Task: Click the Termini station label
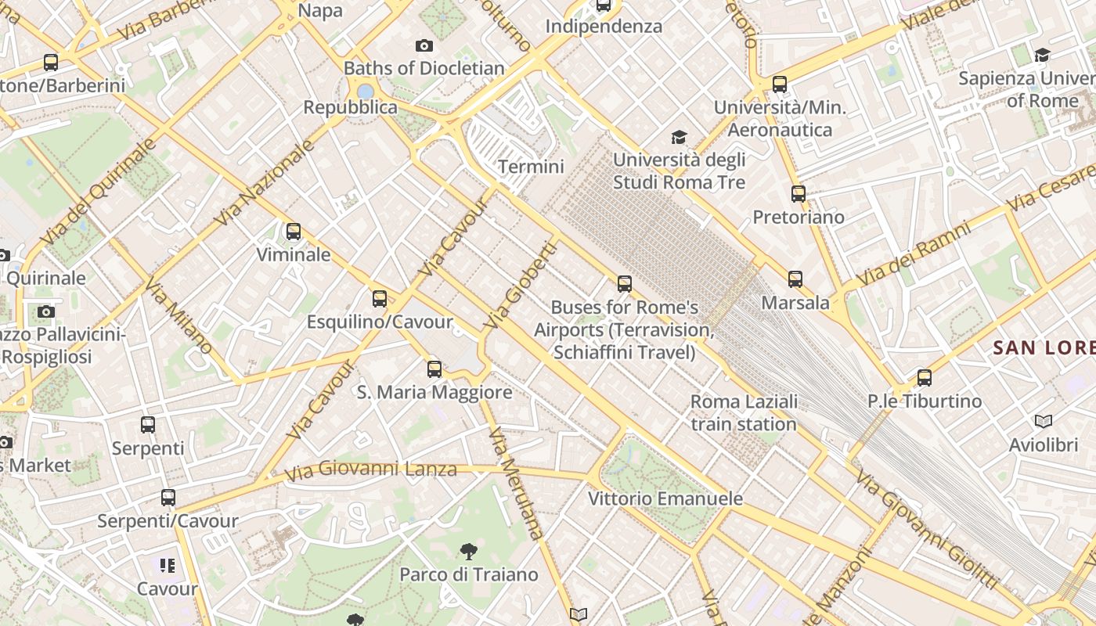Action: point(531,167)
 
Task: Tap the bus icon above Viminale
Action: point(294,232)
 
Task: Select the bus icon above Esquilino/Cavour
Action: point(380,298)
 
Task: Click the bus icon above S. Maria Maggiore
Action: point(434,369)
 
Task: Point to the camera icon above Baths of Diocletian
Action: point(424,46)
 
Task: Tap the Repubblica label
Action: point(351,107)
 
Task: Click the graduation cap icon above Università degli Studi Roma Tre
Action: point(679,138)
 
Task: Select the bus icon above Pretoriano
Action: point(799,193)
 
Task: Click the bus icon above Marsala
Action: point(795,279)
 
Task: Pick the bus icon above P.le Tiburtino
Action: point(925,378)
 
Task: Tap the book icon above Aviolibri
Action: point(1044,422)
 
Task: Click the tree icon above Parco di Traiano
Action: point(468,552)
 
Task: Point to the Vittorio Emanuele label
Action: point(665,498)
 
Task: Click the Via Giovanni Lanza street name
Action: point(370,469)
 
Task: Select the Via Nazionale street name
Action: point(265,182)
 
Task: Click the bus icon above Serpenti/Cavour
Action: point(168,498)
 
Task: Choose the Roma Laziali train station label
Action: point(744,413)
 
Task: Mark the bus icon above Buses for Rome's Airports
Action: point(625,284)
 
